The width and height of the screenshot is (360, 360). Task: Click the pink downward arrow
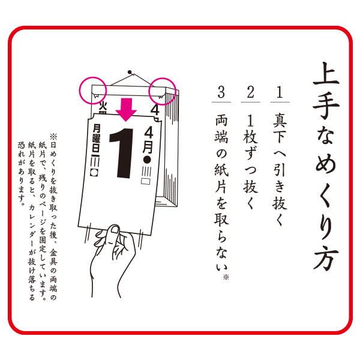pyautogui.click(x=126, y=110)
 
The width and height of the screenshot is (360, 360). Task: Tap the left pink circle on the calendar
pyautogui.click(x=79, y=90)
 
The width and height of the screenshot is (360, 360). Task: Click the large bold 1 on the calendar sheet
pyautogui.click(x=122, y=153)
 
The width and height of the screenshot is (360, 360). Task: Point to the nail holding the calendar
pyautogui.click(x=130, y=72)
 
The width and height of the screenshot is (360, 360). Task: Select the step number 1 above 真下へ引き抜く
pyautogui.click(x=280, y=92)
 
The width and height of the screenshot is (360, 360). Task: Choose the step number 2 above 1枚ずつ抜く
pyautogui.click(x=250, y=92)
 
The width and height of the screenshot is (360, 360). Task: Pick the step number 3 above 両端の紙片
pyautogui.click(x=221, y=92)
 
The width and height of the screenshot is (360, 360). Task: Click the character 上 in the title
pyautogui.click(x=326, y=74)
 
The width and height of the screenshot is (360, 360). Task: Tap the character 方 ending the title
pyautogui.click(x=326, y=258)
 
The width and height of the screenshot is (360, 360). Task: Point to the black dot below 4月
pyautogui.click(x=147, y=160)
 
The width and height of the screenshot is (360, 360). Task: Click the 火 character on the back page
pyautogui.click(x=103, y=106)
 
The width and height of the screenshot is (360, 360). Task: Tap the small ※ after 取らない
pyautogui.click(x=226, y=278)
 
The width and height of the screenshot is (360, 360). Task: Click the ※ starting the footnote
pyautogui.click(x=53, y=137)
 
